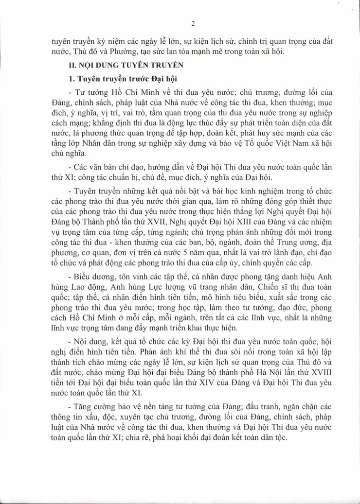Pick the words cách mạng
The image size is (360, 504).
[66, 122]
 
